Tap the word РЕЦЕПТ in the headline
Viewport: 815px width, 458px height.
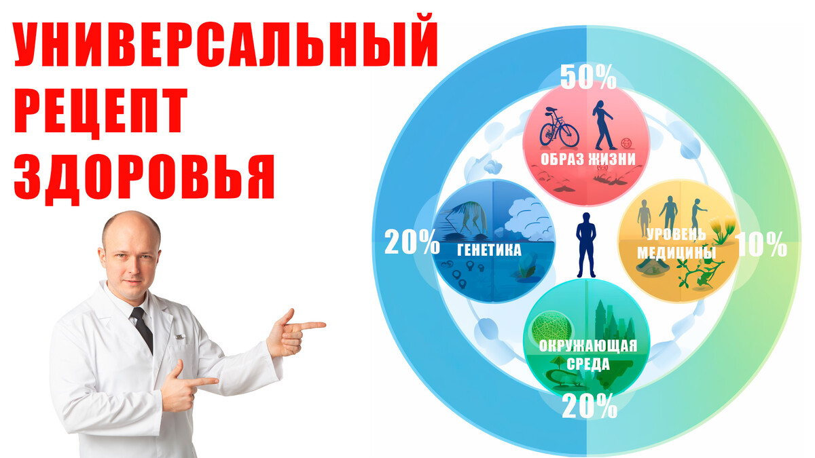coord(101,113)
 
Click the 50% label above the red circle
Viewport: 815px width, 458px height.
coord(588,77)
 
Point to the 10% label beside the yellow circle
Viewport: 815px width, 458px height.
coord(761,245)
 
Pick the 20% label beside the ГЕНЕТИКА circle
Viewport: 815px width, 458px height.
coord(412,242)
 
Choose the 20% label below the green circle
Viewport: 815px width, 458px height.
coord(590,406)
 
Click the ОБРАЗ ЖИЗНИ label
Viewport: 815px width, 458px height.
coord(588,159)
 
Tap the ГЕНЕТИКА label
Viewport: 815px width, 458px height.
coord(489,250)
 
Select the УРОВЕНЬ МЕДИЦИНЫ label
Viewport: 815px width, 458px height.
coord(676,243)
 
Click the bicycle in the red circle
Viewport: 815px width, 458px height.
coord(559,128)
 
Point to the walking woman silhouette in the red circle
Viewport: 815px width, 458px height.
coord(603,125)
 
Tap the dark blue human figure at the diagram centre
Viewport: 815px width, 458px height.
coord(585,245)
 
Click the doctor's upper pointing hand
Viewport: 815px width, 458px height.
coord(295,332)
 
